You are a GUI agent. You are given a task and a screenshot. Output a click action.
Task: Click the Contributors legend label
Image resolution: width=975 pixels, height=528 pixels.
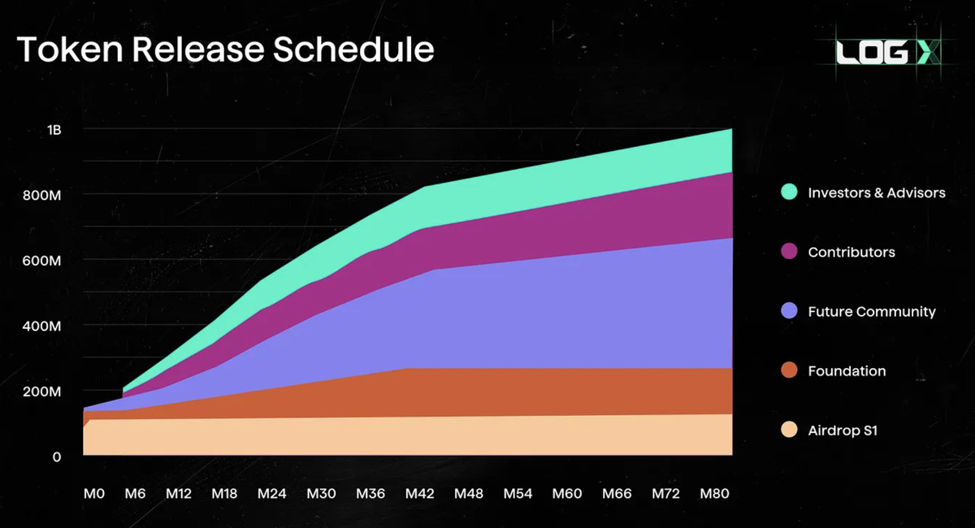click(851, 252)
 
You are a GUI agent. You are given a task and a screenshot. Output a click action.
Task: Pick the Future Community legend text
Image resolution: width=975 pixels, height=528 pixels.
click(871, 311)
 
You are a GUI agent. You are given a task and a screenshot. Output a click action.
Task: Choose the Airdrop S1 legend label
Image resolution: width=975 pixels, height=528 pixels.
click(843, 431)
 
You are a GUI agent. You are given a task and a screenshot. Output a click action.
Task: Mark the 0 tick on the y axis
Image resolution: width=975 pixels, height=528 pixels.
click(56, 457)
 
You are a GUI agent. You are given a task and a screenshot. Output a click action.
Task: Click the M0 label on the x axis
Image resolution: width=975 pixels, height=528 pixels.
click(93, 494)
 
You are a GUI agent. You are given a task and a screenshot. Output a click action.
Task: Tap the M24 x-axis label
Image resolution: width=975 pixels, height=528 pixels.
click(272, 494)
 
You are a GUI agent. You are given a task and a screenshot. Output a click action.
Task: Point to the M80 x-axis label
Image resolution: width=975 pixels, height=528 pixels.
click(715, 494)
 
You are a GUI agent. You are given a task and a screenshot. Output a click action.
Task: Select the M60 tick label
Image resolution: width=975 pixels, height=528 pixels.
click(567, 494)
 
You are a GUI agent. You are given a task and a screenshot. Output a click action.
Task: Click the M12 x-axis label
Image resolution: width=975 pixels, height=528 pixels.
click(178, 494)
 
